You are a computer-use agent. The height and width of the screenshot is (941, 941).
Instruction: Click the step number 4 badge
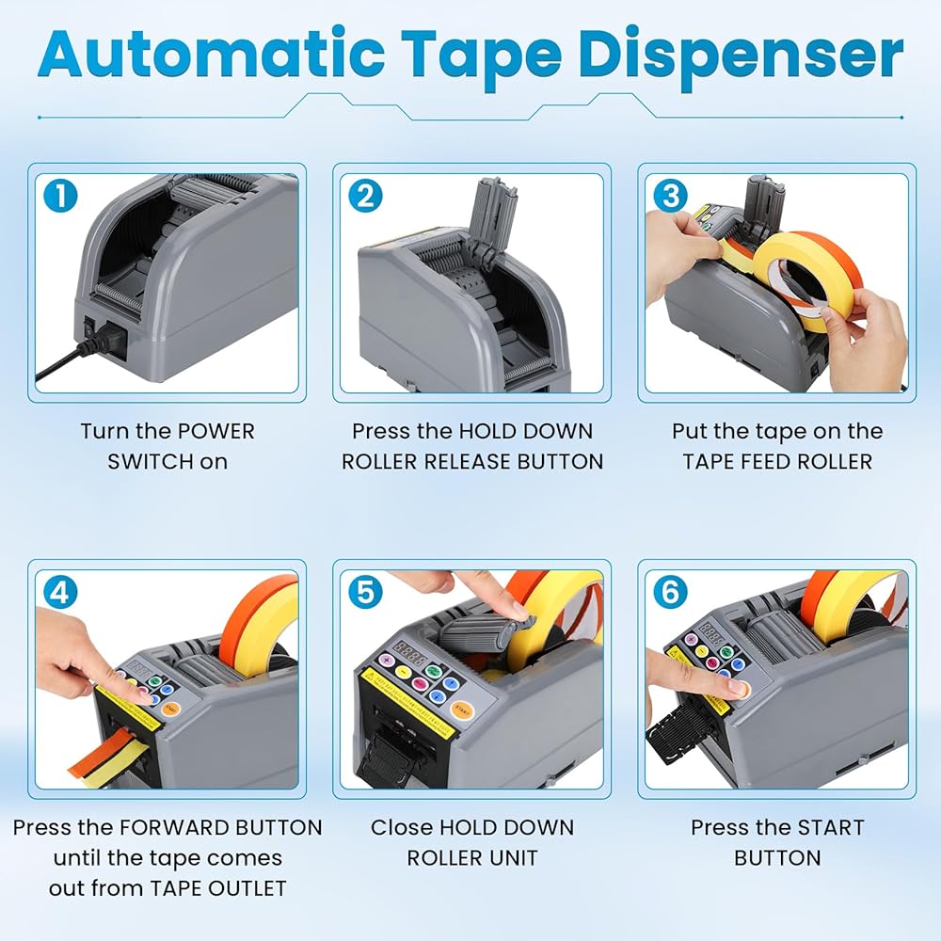coord(60,592)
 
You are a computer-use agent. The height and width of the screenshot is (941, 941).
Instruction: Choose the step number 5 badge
coord(365,592)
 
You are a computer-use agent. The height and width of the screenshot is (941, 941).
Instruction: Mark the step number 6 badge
coord(670,592)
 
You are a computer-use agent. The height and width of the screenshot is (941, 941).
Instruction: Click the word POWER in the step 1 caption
coord(216,431)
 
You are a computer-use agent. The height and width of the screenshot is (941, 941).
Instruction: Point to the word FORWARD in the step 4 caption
coord(174,827)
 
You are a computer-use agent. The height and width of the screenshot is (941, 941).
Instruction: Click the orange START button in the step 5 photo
coord(461,710)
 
